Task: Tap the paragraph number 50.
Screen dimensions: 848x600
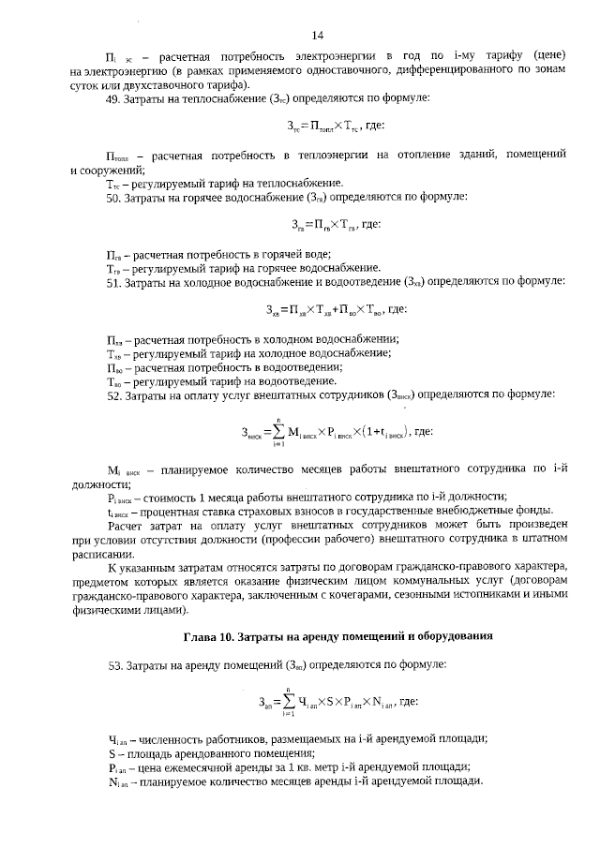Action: click(x=113, y=199)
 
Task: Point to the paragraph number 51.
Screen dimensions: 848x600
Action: click(x=113, y=281)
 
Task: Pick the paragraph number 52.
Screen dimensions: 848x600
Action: click(x=113, y=396)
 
